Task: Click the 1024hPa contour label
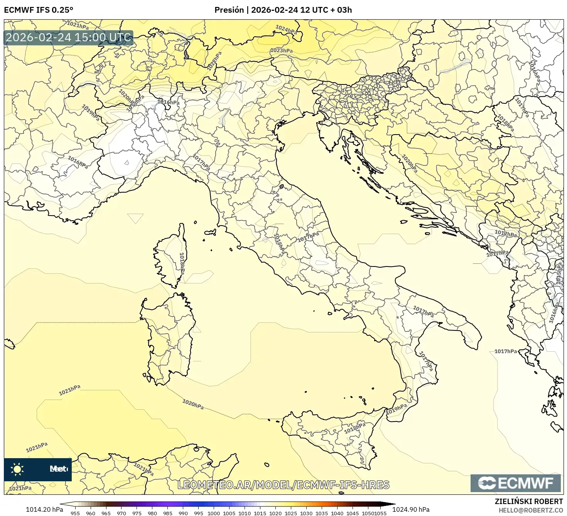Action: [x=286, y=30]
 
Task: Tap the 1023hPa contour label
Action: [x=281, y=51]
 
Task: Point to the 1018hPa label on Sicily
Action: [x=354, y=428]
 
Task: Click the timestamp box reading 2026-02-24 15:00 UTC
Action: [x=69, y=38]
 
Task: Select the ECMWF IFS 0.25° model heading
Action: [x=39, y=10]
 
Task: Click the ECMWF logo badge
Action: [x=516, y=483]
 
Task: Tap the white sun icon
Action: [x=17, y=469]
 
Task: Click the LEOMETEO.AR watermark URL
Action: [x=283, y=485]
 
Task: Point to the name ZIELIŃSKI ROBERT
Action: [x=528, y=501]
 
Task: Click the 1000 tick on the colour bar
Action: [x=214, y=513]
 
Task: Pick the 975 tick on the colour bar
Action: [x=137, y=513]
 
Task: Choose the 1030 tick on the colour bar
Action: [x=306, y=513]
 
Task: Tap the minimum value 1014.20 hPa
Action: [x=44, y=509]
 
